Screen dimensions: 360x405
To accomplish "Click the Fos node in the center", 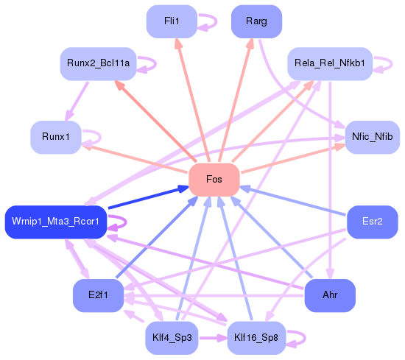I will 214,180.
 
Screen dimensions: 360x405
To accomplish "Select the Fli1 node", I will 172,21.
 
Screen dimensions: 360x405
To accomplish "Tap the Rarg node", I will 256,21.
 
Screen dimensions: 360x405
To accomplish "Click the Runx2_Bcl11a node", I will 95,64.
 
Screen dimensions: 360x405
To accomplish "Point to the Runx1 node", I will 55,138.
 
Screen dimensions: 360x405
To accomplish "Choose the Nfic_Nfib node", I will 372,138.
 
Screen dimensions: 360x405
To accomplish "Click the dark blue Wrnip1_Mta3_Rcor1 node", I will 56,222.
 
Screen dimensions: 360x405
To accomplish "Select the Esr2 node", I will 372,222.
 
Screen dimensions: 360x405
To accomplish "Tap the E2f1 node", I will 98,296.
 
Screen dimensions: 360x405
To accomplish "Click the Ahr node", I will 330,296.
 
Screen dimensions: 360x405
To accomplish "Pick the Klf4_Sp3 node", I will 172,338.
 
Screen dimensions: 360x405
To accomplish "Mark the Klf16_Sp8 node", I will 256,338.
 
